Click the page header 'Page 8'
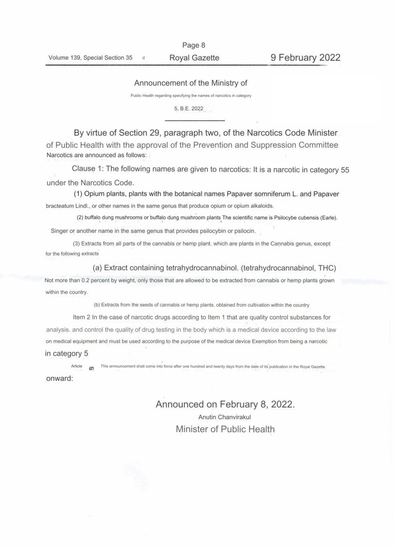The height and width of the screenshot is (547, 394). point(194,46)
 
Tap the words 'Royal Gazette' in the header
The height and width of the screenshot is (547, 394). point(194,58)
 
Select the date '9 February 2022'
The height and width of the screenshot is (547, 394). point(305,58)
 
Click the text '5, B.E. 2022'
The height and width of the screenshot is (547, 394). point(188,109)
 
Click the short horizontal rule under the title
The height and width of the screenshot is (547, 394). point(197,120)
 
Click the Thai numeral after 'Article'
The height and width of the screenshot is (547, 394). point(91,368)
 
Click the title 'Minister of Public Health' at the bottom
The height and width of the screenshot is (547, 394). point(225,429)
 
